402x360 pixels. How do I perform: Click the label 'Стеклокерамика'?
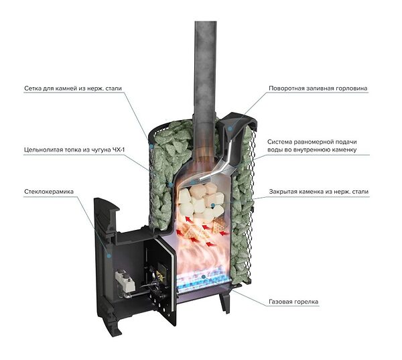(49, 192)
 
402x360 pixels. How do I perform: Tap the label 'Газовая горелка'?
(293, 302)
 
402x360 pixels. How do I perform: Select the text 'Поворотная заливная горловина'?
(318, 88)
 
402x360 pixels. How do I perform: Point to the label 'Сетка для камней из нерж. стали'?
(73, 88)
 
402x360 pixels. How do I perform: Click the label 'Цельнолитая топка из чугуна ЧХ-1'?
(74, 149)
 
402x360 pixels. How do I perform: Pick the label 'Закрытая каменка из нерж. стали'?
(319, 192)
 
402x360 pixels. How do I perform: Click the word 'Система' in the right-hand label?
(279, 142)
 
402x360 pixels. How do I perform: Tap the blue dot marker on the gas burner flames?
(203, 277)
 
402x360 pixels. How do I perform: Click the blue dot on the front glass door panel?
(109, 255)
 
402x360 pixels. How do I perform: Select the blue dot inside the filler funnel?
(230, 128)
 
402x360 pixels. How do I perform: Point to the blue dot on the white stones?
(212, 205)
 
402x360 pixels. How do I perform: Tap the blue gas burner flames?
(202, 281)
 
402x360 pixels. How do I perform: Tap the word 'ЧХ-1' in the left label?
(119, 149)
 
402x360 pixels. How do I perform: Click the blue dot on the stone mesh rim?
(152, 147)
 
